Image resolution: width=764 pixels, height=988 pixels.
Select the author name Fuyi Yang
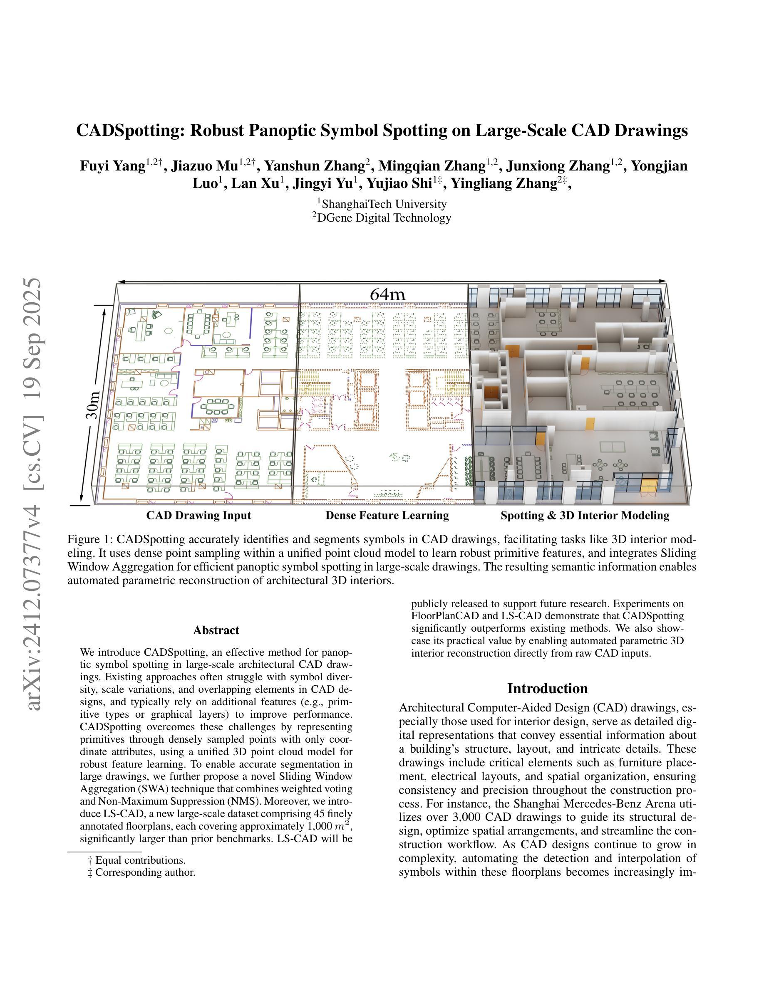[112, 166]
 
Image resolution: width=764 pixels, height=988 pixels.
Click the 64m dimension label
[387, 294]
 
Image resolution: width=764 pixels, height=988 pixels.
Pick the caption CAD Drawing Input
[198, 515]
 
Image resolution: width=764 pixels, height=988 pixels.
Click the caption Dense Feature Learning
[387, 515]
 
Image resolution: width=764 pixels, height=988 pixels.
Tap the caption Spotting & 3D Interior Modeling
[585, 515]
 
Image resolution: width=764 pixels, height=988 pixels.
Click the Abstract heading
[216, 630]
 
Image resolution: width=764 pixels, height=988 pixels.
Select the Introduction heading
[547, 689]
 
